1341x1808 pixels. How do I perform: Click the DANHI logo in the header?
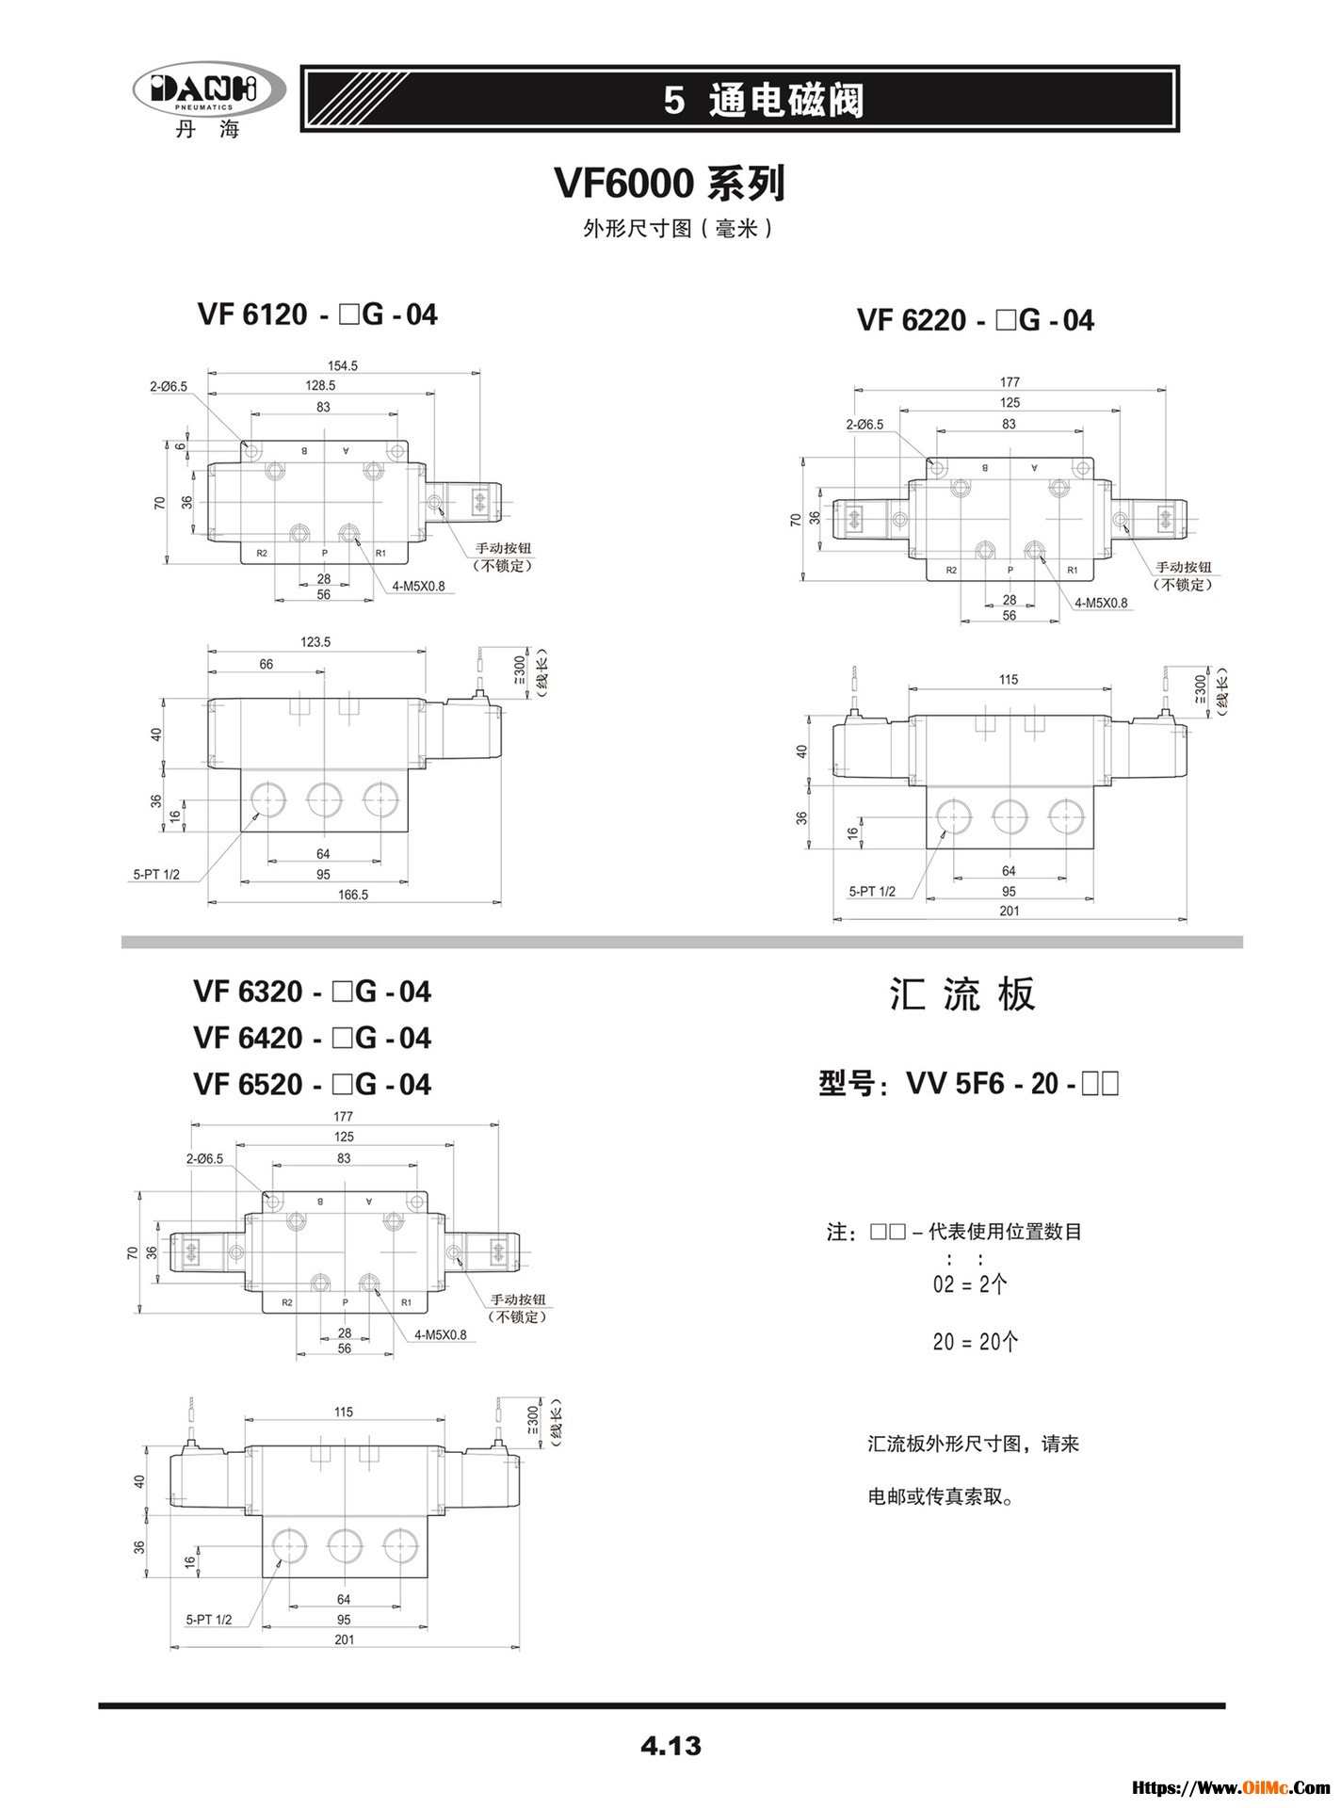click(209, 91)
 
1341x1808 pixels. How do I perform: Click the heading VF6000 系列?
click(670, 184)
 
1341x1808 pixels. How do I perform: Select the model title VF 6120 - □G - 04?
click(317, 315)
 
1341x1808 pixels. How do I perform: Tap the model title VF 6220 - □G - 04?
click(975, 320)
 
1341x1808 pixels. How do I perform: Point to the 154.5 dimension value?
click(342, 365)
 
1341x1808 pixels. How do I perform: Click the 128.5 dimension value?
click(320, 385)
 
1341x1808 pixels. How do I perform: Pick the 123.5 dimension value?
click(315, 642)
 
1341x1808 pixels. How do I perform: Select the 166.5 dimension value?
click(353, 895)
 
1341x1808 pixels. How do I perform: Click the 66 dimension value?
click(267, 665)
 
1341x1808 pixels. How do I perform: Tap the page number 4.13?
click(670, 1747)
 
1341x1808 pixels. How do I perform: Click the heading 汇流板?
click(962, 994)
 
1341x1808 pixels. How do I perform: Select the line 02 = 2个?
click(970, 1284)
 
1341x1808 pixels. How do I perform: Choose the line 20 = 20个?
click(975, 1342)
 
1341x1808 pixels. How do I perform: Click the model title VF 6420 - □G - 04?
click(312, 1039)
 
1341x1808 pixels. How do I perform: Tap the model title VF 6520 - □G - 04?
click(312, 1085)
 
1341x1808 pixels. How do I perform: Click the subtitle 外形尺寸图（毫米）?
click(678, 229)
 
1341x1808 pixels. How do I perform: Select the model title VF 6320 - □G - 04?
click(312, 992)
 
